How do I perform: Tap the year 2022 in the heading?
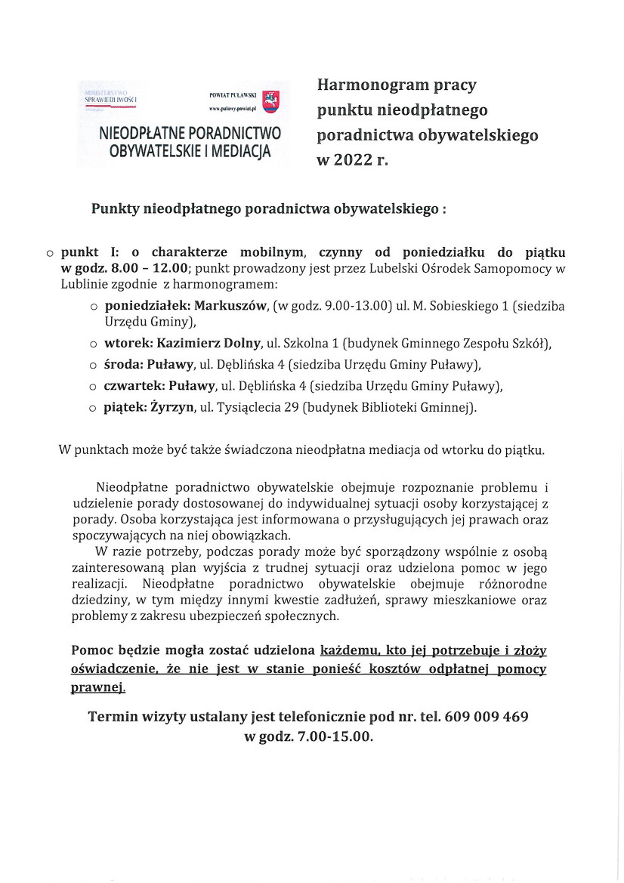click(x=352, y=160)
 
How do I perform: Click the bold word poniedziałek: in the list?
click(x=147, y=306)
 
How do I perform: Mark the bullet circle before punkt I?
click(x=50, y=253)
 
